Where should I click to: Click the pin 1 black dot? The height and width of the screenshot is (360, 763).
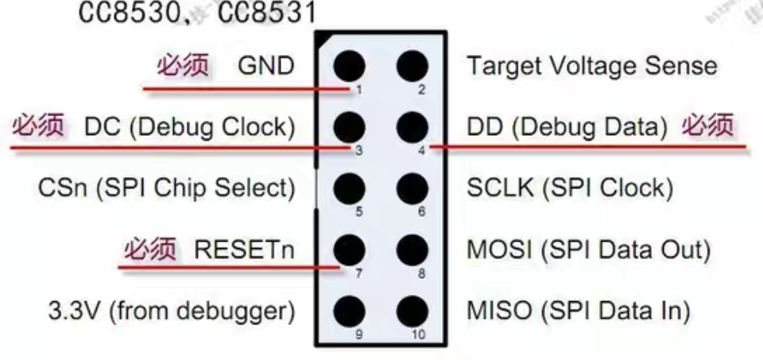click(x=349, y=65)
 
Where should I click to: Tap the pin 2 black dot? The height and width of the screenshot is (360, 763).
click(x=411, y=65)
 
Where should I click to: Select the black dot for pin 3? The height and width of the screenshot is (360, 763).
click(x=349, y=126)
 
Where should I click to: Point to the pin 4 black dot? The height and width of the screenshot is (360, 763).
click(x=411, y=126)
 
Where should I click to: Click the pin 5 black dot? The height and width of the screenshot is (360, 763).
click(x=349, y=188)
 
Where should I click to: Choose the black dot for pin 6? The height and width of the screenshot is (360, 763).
click(x=411, y=188)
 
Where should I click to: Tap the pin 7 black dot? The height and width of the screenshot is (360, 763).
click(x=349, y=250)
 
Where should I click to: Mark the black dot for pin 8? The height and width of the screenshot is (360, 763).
click(x=411, y=250)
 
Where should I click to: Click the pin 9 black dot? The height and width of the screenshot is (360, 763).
click(x=349, y=310)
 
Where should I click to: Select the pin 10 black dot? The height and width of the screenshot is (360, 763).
click(x=411, y=310)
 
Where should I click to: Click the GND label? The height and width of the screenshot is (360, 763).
click(x=265, y=66)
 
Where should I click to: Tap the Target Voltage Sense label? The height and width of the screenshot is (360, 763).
click(x=591, y=66)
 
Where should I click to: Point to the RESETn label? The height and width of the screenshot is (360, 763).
click(x=245, y=250)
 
